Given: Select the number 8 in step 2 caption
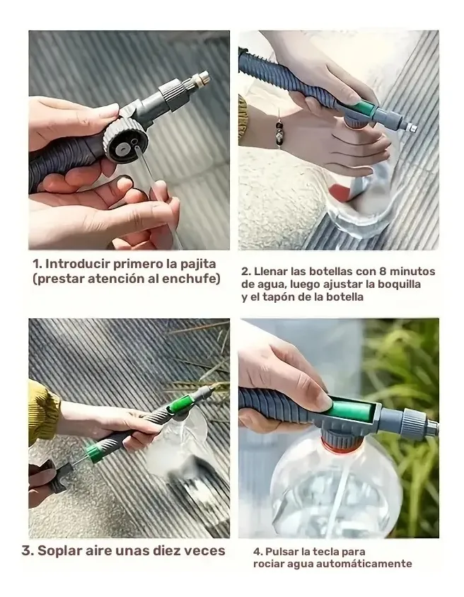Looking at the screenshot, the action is (383, 272).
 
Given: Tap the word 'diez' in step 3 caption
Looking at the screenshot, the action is (166, 550).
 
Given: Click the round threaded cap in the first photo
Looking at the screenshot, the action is (122, 140).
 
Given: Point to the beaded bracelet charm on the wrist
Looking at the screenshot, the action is (279, 132).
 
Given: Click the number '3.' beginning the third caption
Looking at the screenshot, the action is (27, 551).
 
